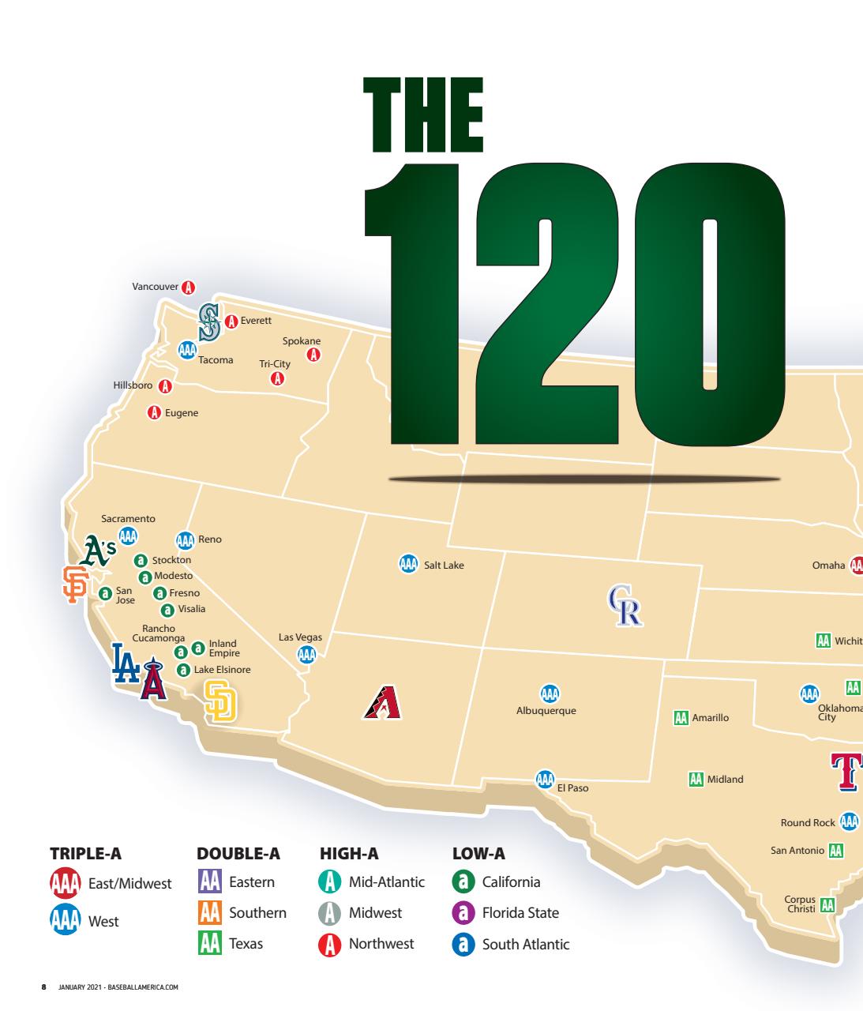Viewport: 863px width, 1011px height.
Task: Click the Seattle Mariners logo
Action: click(x=208, y=322)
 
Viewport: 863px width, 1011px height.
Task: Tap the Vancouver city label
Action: click(x=156, y=287)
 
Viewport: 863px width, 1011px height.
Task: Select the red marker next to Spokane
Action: click(x=313, y=355)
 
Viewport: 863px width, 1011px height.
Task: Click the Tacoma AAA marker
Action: click(x=187, y=350)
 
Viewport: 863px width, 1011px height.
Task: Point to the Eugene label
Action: click(x=182, y=413)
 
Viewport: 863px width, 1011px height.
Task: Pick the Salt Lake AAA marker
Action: click(x=408, y=564)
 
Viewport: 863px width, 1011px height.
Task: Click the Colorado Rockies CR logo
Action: click(x=625, y=606)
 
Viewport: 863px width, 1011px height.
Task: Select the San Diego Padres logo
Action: click(x=220, y=701)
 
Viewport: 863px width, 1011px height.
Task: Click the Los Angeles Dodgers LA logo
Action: click(x=126, y=663)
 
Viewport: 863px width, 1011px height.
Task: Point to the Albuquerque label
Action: click(x=546, y=711)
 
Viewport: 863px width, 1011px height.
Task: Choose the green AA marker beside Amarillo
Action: click(x=681, y=717)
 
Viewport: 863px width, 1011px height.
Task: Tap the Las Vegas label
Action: click(x=300, y=637)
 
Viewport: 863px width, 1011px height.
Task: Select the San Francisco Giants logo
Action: click(x=73, y=584)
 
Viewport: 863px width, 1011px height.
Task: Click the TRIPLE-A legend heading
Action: click(x=86, y=854)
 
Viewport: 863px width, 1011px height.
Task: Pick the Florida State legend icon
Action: click(x=463, y=912)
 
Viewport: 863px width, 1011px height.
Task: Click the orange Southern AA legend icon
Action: click(x=209, y=912)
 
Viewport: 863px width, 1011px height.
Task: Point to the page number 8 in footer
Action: click(x=44, y=987)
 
